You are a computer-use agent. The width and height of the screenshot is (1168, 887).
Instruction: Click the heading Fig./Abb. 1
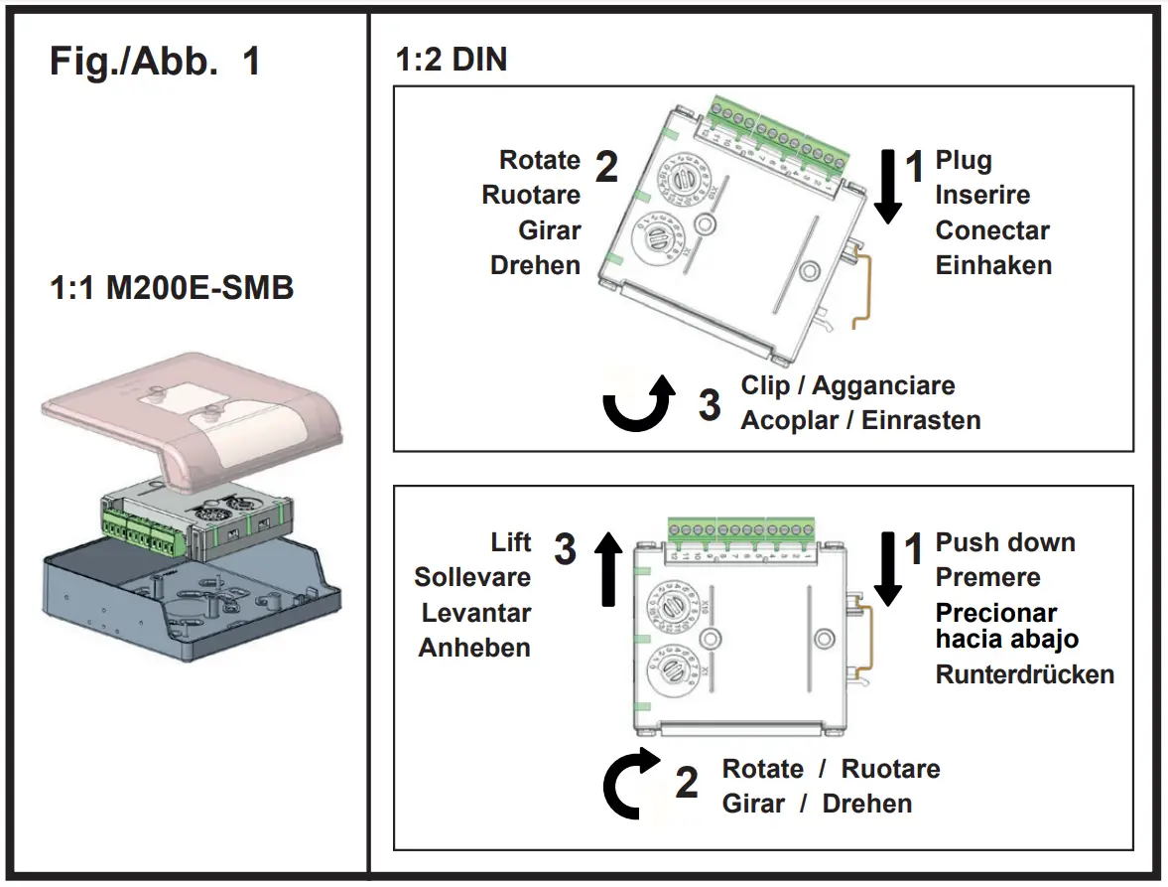tap(155, 62)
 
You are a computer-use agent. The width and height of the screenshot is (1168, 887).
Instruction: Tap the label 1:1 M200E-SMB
tap(171, 290)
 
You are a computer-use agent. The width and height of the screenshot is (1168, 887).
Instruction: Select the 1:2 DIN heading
tap(452, 60)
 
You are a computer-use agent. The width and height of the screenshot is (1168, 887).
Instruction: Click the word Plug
tap(964, 161)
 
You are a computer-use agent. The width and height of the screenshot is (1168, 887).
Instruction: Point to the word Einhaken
tap(993, 265)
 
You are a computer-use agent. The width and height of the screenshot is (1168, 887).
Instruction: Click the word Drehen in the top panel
tap(535, 265)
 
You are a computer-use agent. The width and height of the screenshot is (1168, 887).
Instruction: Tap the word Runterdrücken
tap(1024, 674)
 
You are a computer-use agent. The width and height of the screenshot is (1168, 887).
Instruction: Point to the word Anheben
tap(474, 648)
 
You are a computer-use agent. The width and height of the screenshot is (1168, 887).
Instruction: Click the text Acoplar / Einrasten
tap(860, 420)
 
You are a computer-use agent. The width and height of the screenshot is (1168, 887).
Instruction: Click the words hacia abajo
tap(1006, 639)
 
